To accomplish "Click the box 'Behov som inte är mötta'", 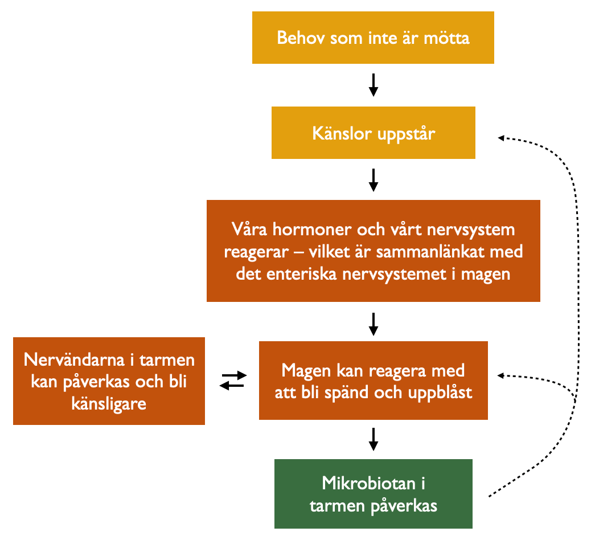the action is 373,38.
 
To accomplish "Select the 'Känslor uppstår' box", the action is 373,133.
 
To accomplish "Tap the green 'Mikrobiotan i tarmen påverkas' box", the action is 373,494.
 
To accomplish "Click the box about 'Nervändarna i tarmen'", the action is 109,381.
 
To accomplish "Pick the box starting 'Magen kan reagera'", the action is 373,381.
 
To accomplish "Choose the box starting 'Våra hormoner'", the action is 373,251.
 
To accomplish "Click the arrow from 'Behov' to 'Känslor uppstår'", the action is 373,85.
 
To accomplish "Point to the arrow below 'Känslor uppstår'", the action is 373,180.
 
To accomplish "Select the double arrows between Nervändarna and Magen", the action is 233,381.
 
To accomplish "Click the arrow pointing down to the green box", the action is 373,439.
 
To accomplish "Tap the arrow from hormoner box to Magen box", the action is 373,324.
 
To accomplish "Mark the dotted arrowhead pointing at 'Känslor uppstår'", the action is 501,138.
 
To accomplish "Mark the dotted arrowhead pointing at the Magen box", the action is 501,375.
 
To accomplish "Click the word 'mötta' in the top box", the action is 446,38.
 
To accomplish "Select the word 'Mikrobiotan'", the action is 368,483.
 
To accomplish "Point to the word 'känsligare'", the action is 109,404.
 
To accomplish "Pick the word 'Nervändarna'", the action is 74,360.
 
